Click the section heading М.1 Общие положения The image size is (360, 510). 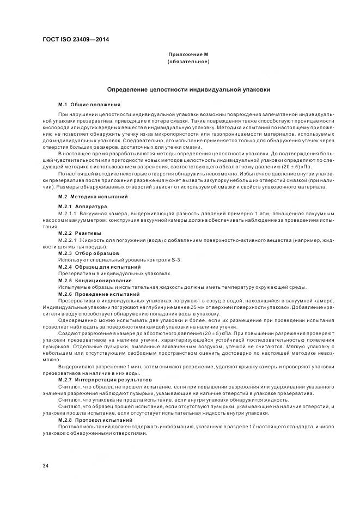click(89, 104)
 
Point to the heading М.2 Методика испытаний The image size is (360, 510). click(93, 196)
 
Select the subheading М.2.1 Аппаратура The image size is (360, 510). click(83, 207)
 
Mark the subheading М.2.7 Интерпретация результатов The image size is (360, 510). click(105, 379)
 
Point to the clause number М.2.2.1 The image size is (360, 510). click(67, 239)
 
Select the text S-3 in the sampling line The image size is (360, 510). click(175, 260)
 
